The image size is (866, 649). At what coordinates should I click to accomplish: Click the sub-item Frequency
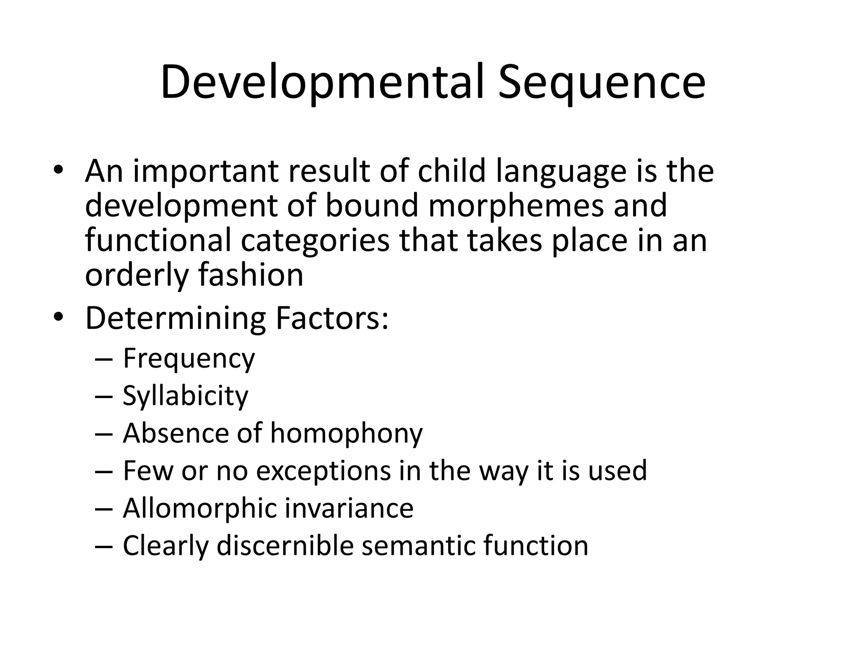pyautogui.click(x=189, y=359)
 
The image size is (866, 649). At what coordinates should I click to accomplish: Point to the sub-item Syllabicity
pyautogui.click(x=185, y=396)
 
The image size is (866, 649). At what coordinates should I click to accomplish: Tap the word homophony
pyautogui.click(x=346, y=434)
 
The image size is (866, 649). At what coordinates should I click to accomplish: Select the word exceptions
pyautogui.click(x=323, y=471)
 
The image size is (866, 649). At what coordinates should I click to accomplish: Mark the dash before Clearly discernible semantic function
pyautogui.click(x=104, y=546)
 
